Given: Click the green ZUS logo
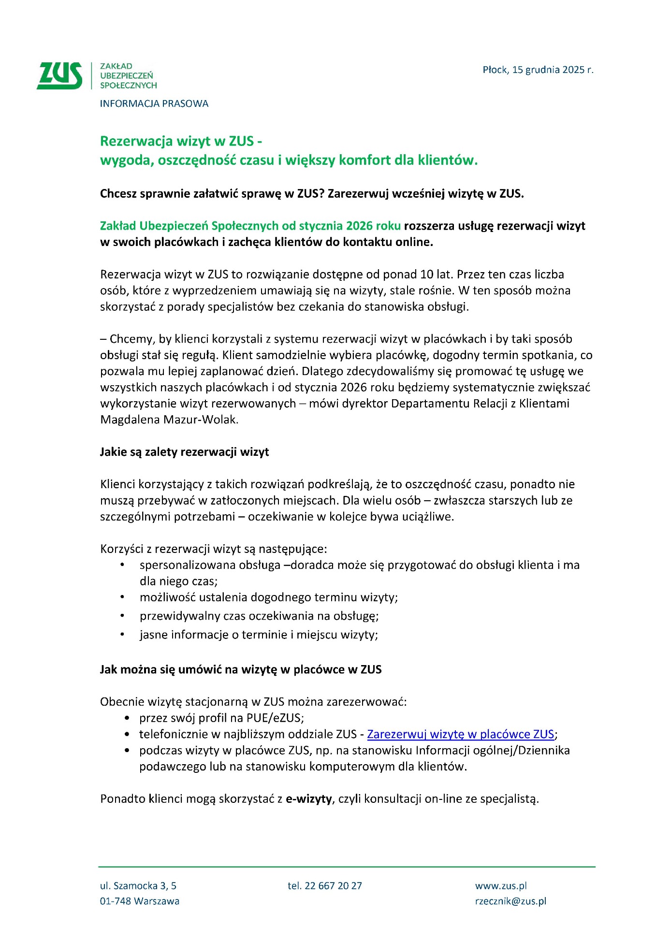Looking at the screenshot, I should (x=59, y=76).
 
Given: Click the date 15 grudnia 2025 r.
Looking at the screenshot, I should (x=553, y=70).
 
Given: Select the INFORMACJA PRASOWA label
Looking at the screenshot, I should (x=154, y=103).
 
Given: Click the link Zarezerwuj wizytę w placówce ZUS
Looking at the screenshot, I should (x=460, y=734).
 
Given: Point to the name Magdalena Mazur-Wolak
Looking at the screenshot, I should (x=169, y=420).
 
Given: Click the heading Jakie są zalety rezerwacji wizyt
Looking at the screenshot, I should (x=184, y=452).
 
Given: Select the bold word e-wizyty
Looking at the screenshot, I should (x=308, y=799).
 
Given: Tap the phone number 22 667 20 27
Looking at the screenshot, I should (x=333, y=886).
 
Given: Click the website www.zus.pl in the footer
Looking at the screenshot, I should (x=501, y=886).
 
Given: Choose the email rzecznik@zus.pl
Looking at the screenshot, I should (x=510, y=901).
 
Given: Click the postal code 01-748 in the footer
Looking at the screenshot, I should (x=115, y=901).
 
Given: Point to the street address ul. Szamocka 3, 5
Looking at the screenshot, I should (x=138, y=886).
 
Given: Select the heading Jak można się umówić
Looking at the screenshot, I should (x=240, y=670).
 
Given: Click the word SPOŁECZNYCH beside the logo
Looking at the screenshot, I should (x=128, y=86).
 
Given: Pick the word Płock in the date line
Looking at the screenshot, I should (x=495, y=70).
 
